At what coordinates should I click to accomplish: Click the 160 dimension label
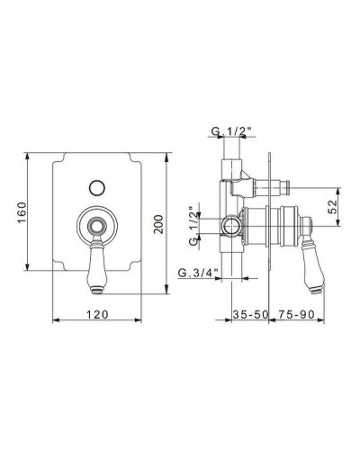point(22,212)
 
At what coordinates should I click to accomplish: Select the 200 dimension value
point(158,224)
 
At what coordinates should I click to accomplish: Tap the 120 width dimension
point(97,314)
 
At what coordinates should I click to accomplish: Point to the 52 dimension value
point(332,207)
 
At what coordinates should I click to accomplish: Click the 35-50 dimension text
point(250,314)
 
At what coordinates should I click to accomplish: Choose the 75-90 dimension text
point(296,314)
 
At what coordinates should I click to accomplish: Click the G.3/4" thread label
point(198,273)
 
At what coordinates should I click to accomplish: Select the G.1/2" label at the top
point(231,131)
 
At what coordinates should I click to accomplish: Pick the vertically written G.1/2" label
point(194,226)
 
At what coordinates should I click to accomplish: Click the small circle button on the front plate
point(97,188)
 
